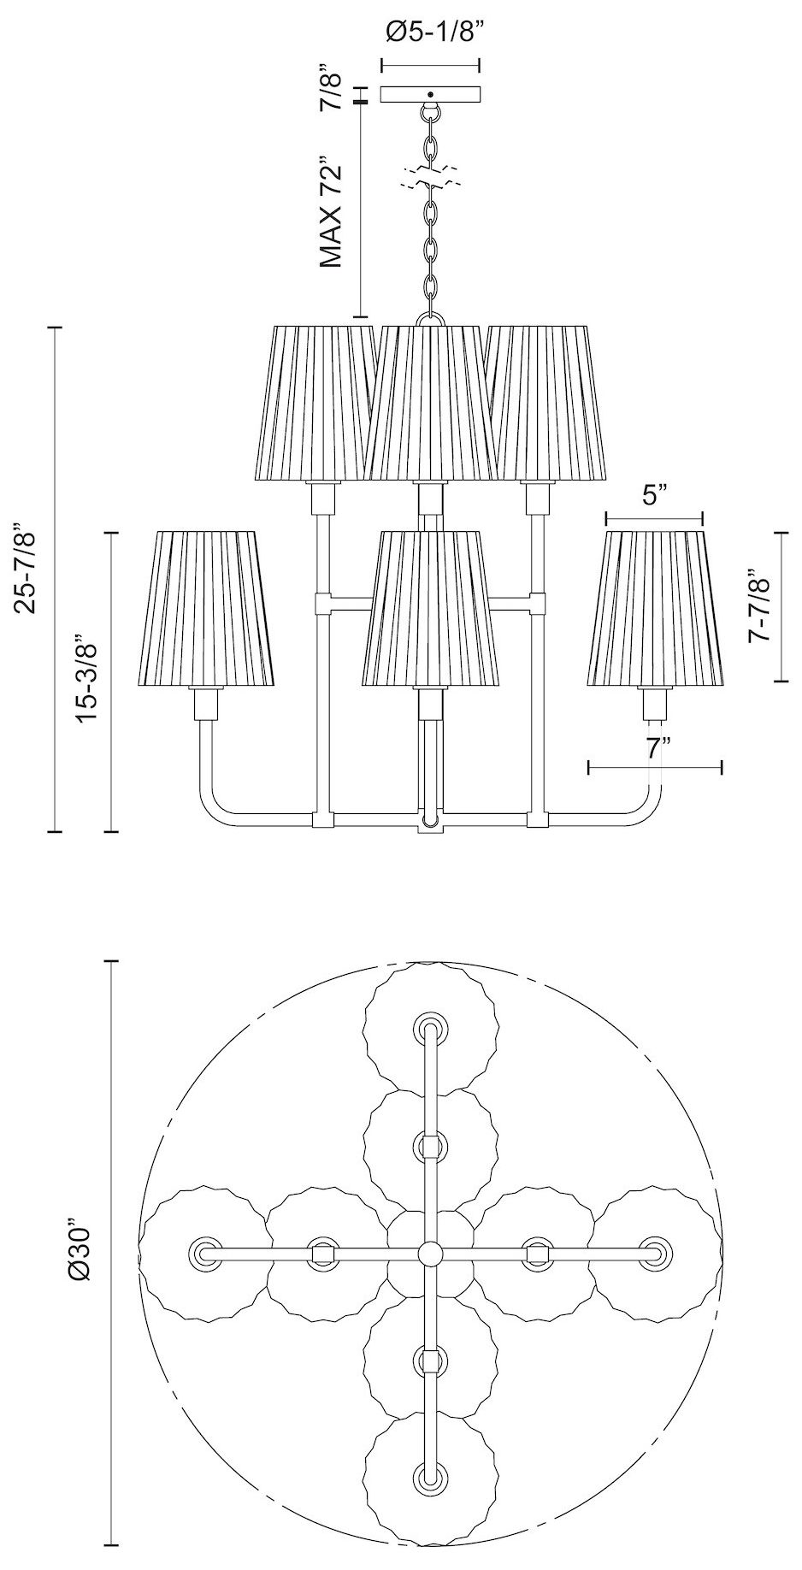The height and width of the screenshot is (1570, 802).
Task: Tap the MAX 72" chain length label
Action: pyautogui.click(x=331, y=211)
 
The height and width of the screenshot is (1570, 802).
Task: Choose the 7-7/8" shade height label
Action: pyautogui.click(x=759, y=607)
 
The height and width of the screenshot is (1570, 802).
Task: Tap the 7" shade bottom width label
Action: pyautogui.click(x=657, y=749)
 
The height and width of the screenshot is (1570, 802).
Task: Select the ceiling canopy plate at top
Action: pyautogui.click(x=430, y=94)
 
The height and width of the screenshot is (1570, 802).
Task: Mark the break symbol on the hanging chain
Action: pyautogui.click(x=430, y=178)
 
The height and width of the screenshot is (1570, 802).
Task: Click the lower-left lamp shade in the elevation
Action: pyautogui.click(x=205, y=609)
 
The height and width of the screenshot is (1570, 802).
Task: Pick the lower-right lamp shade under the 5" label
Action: pyautogui.click(x=655, y=609)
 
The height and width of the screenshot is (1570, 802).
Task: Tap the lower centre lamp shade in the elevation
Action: pyautogui.click(x=430, y=609)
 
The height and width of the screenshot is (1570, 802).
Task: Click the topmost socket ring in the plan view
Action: pyautogui.click(x=429, y=1027)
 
